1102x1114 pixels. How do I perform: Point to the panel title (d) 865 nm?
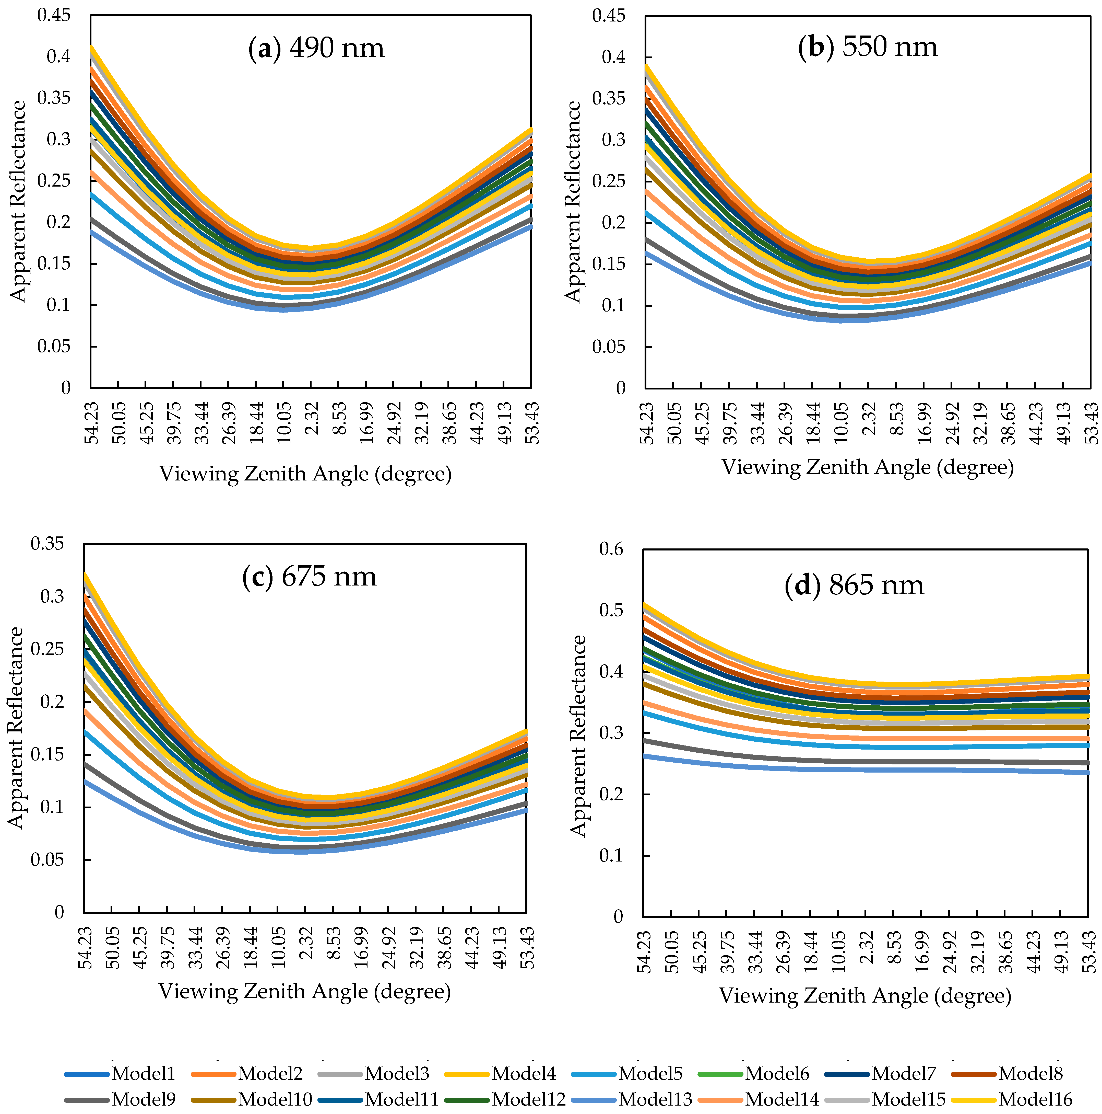tap(854, 585)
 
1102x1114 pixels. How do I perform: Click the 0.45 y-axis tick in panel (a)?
tap(54, 16)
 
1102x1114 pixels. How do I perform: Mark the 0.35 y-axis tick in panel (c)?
tap(47, 544)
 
